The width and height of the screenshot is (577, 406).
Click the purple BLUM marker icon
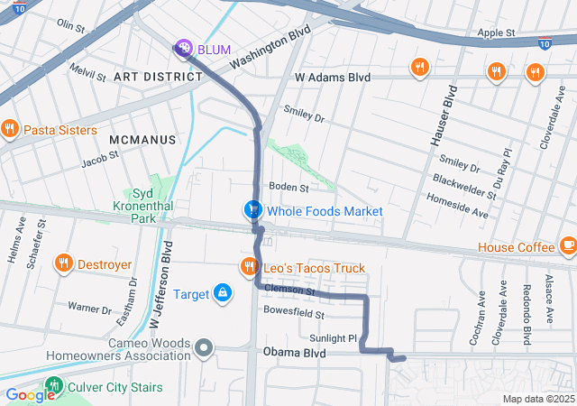point(183,48)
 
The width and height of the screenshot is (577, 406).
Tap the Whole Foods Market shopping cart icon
point(253,210)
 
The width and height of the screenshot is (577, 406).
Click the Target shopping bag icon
point(222,293)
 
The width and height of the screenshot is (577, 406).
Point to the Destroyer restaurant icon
point(63,264)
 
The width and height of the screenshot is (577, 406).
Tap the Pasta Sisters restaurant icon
point(10,129)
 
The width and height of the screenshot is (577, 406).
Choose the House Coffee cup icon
point(567,246)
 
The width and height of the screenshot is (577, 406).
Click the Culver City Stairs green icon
point(54,387)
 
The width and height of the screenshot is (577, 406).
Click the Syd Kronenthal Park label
point(143,206)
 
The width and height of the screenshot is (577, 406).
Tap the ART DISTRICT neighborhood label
point(158,77)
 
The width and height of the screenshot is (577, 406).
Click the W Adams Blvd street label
point(333,78)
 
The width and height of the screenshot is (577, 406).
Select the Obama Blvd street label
point(293,353)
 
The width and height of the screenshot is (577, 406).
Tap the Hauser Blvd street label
point(443,115)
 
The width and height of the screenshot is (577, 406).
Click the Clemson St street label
point(289,291)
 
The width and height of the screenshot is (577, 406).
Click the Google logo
point(30,395)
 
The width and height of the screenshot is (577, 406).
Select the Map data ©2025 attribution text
point(537,399)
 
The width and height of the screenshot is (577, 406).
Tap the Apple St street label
point(496,32)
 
